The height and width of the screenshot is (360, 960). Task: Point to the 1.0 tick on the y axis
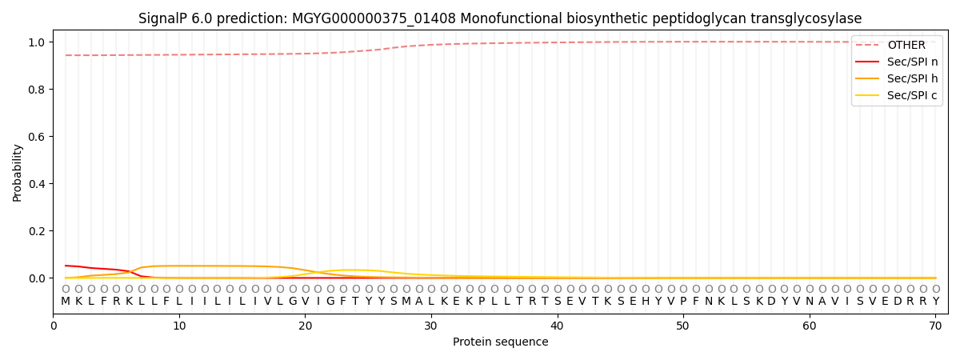38,42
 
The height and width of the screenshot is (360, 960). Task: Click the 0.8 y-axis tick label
38,90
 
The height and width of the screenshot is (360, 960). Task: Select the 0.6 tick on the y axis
38,137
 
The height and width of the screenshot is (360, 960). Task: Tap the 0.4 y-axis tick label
38,184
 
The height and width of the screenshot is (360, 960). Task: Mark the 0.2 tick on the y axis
38,231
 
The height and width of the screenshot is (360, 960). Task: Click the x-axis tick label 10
179,326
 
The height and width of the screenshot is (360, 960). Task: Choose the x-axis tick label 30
431,326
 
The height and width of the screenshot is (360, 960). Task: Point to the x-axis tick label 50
683,326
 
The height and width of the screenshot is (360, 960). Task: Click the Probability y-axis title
18,172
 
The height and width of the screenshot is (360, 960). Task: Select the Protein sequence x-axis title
500,342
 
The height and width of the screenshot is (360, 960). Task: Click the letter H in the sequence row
646,302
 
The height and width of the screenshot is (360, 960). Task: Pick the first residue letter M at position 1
66,302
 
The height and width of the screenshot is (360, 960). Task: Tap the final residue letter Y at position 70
935,302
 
